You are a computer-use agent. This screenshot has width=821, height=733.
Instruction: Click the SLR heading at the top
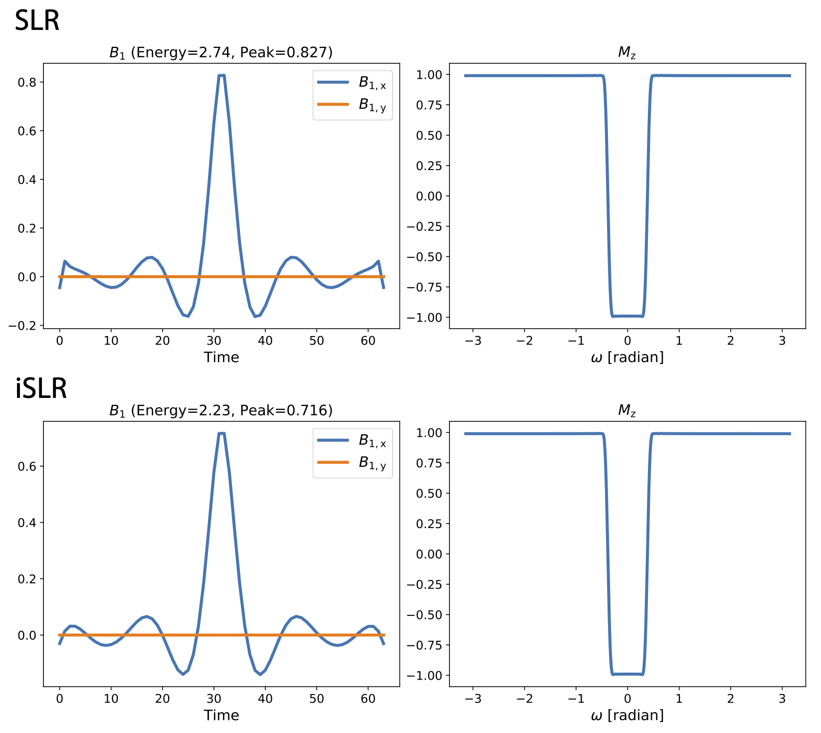tap(37, 21)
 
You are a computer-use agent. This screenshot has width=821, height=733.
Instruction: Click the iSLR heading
tap(41, 389)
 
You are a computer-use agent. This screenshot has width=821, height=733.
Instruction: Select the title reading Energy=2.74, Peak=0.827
tap(221, 52)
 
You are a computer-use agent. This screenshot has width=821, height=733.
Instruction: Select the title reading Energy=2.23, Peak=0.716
tap(221, 410)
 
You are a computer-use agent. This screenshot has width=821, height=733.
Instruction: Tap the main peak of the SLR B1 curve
tap(221, 76)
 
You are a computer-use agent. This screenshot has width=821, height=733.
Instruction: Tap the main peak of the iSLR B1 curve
tap(221, 434)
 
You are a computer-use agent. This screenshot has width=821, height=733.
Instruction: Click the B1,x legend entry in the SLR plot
tap(372, 83)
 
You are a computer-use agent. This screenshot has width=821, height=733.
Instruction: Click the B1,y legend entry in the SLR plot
tap(372, 105)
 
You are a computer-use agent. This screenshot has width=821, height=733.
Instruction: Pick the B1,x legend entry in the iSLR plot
tap(372, 441)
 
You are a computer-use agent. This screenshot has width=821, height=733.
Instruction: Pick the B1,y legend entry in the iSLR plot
tap(372, 463)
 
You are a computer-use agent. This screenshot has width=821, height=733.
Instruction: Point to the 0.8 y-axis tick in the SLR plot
tap(27, 82)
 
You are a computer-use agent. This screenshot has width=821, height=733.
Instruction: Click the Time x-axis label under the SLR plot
tap(221, 358)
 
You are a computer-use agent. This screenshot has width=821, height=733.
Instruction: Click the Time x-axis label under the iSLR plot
tap(221, 716)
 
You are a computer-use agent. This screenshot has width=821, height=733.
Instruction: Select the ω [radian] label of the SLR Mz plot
tap(627, 358)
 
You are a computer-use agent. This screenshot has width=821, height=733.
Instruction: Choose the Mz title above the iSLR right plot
tap(627, 410)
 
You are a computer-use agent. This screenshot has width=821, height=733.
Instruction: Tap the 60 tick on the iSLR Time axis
tap(368, 699)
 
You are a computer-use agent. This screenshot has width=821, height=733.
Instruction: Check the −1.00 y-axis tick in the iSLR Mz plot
tap(424, 676)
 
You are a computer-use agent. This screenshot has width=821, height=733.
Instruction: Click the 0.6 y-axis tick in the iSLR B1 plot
tap(27, 467)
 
